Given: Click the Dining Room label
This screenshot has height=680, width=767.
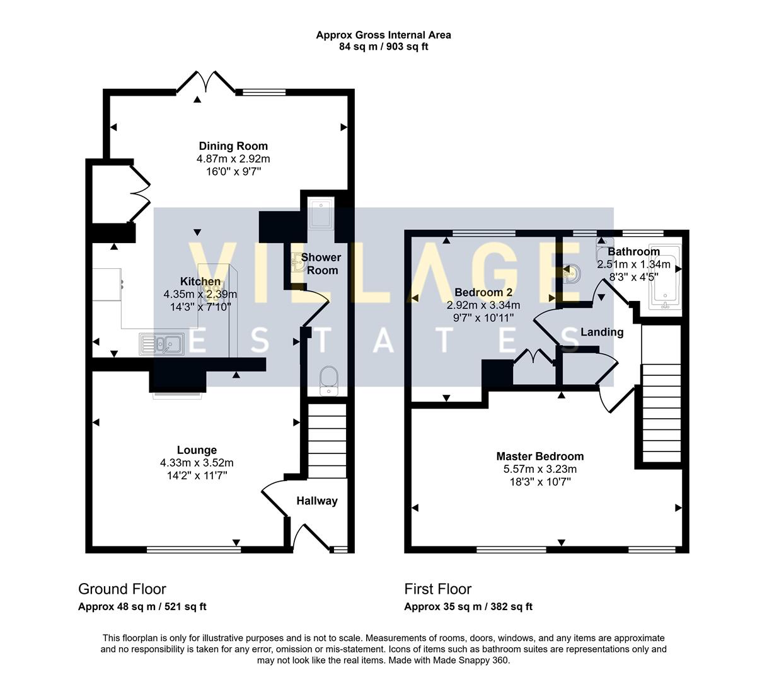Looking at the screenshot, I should pos(233,146).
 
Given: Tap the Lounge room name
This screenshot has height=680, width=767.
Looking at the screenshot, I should pos(197,450).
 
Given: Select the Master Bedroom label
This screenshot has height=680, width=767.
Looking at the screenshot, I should pos(539,456).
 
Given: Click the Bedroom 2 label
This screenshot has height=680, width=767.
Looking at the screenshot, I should pos(483,292).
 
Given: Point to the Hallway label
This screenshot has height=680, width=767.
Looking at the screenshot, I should pos(317,501).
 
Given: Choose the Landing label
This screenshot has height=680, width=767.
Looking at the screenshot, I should pos(602,332).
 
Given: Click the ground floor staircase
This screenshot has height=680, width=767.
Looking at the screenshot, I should pos(327,441).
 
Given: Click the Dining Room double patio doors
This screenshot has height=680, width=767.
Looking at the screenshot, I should pos(205,82).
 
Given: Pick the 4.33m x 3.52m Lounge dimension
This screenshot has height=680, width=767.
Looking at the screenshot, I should pos(197,463).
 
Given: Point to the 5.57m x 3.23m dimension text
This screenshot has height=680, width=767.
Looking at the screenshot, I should pos(539,469).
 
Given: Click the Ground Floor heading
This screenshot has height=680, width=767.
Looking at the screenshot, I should pos(122,589).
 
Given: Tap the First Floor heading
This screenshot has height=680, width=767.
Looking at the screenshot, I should pos(437,589).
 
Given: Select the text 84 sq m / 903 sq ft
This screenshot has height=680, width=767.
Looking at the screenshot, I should pos(383,47).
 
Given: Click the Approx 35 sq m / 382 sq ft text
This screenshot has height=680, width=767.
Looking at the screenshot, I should pos(468,607).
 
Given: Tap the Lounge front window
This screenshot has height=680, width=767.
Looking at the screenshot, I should pos(193,550).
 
